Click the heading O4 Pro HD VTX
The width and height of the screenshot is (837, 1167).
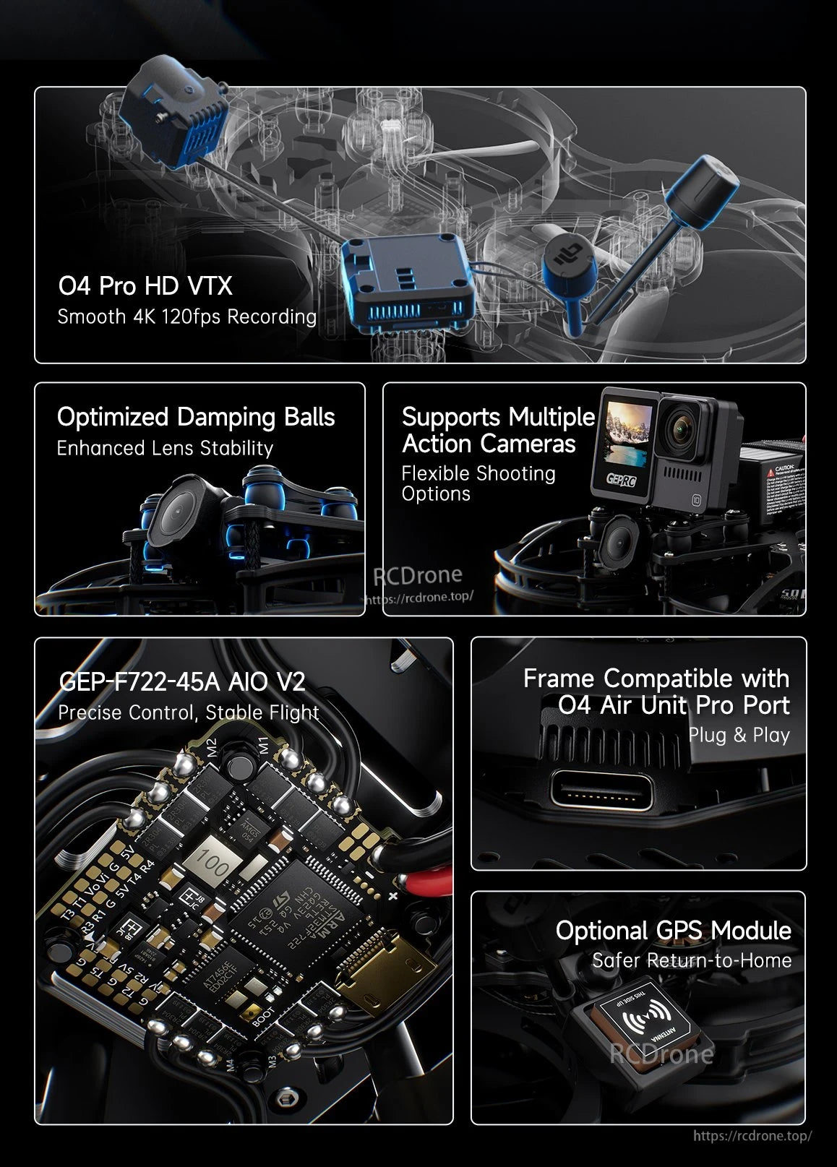click(145, 286)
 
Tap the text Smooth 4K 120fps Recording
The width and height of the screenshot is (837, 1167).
click(186, 316)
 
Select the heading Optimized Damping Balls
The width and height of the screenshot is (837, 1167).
click(196, 417)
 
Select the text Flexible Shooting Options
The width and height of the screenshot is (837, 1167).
click(478, 483)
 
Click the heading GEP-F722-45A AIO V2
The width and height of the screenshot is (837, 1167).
click(181, 681)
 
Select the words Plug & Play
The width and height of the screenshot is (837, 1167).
click(739, 735)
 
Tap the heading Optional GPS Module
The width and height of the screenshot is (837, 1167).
click(673, 931)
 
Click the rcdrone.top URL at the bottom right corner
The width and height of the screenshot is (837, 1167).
click(752, 1136)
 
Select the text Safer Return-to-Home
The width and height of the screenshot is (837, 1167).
click(691, 960)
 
